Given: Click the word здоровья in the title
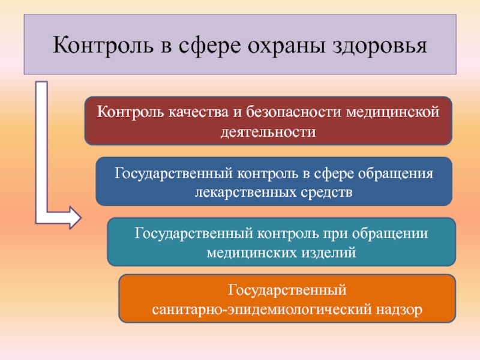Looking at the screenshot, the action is click(380, 46).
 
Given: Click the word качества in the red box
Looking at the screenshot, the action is click(199, 112).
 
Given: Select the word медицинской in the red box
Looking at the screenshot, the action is click(393, 112).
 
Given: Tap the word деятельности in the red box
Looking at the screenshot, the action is click(268, 132).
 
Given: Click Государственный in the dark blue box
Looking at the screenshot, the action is click(173, 173).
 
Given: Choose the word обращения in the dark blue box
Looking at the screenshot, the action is click(396, 173).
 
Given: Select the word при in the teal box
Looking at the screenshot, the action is click(335, 234).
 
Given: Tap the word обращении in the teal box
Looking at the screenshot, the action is click(390, 233).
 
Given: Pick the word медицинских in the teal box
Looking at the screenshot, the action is click(252, 253).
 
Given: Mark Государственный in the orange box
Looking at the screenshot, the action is click(287, 290).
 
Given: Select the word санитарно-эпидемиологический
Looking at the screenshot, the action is click(262, 310).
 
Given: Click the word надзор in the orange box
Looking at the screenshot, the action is click(399, 310).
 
